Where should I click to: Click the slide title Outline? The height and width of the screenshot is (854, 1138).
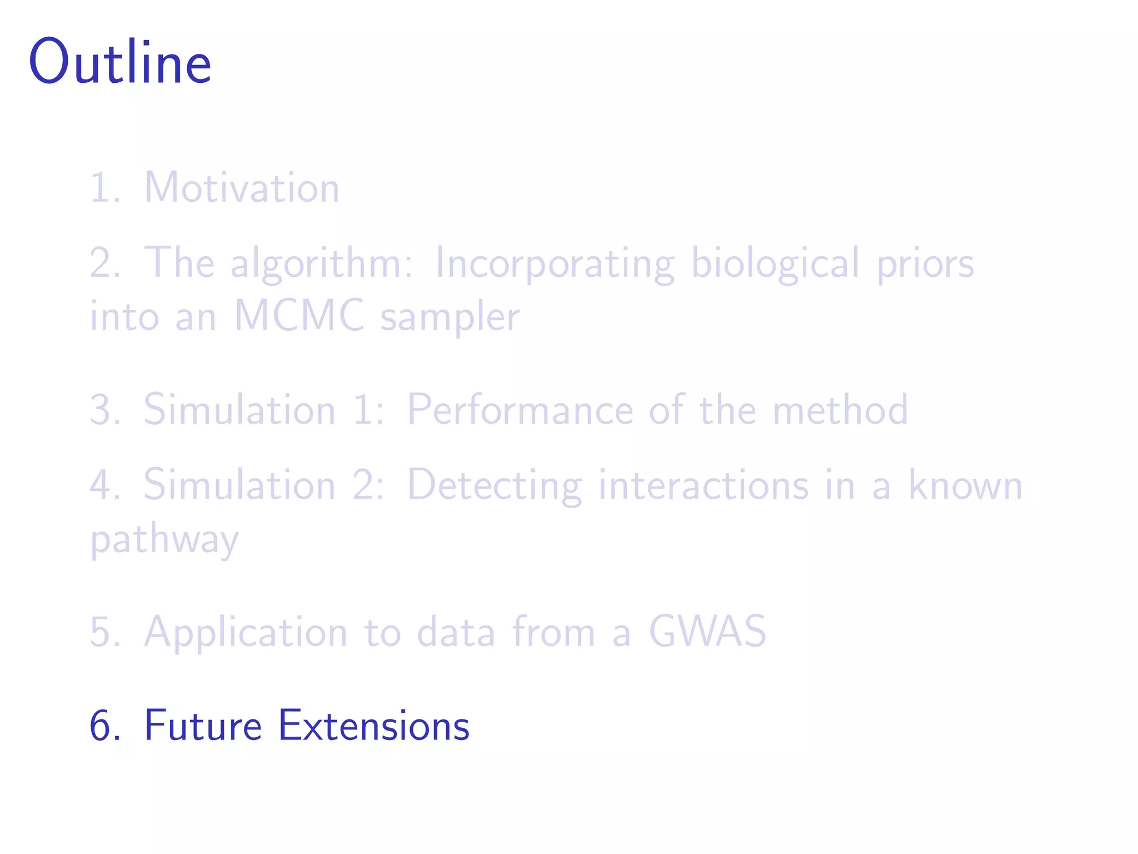click(x=120, y=62)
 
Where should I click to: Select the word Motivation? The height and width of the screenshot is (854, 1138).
click(x=242, y=187)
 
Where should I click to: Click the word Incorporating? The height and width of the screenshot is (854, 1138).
click(x=555, y=263)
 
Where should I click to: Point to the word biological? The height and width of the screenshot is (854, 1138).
click(x=776, y=263)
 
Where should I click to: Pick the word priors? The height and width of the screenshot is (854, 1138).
click(x=925, y=263)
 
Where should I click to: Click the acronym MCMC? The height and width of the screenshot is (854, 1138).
click(x=300, y=316)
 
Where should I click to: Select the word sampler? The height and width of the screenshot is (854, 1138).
click(x=450, y=317)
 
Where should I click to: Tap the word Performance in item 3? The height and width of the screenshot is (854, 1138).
click(x=520, y=410)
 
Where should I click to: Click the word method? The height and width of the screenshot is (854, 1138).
click(x=840, y=410)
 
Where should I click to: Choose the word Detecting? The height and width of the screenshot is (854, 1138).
click(x=495, y=485)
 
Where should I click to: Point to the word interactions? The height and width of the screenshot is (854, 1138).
click(x=703, y=485)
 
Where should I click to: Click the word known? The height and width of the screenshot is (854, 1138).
click(x=965, y=485)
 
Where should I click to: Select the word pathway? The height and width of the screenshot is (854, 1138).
click(x=164, y=539)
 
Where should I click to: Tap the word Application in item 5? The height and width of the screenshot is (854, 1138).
click(x=246, y=633)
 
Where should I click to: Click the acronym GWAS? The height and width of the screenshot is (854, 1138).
click(x=707, y=632)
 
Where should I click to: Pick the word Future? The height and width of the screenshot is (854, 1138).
click(x=203, y=726)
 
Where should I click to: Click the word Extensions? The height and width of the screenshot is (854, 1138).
click(x=373, y=726)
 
